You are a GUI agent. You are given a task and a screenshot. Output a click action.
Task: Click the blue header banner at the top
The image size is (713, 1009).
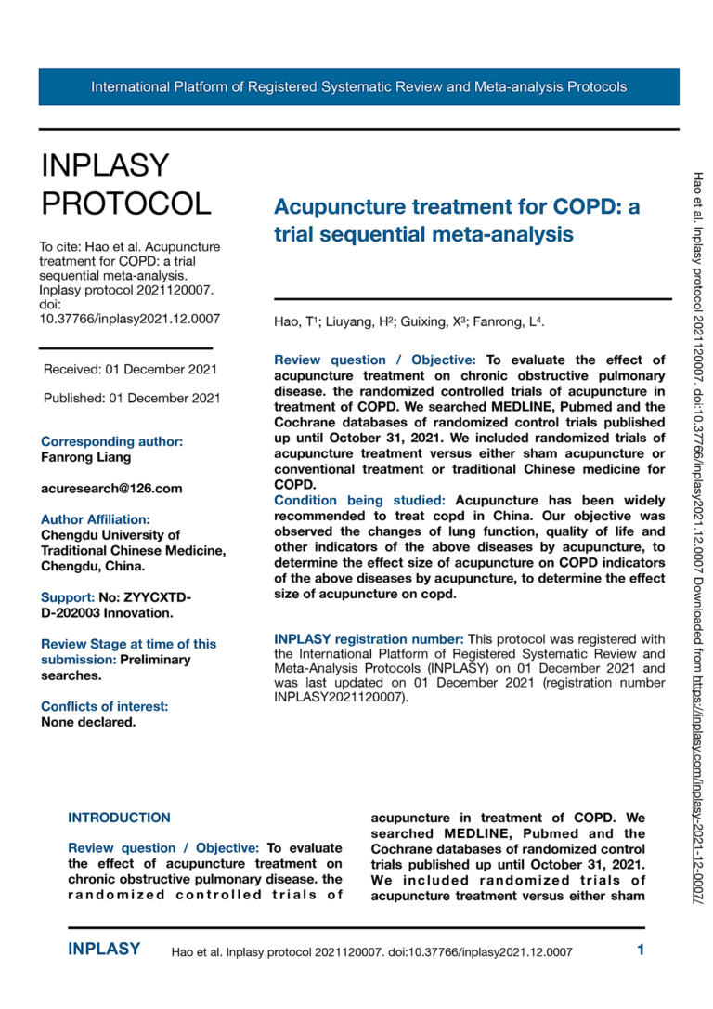358,87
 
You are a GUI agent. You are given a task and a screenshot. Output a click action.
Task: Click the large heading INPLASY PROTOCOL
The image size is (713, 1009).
126,183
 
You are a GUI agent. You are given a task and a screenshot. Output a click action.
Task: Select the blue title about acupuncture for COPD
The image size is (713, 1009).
457,220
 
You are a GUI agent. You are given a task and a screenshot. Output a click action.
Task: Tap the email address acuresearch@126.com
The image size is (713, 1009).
111,488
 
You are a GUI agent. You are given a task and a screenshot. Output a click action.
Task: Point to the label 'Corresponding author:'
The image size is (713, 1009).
111,441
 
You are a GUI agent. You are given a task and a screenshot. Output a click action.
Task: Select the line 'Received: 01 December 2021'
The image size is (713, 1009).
131,369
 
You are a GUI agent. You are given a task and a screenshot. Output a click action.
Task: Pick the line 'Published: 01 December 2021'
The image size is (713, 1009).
132,399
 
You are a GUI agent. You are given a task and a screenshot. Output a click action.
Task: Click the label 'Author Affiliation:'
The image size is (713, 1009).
95,519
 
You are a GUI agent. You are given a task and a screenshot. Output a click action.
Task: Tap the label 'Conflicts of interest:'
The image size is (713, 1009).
104,706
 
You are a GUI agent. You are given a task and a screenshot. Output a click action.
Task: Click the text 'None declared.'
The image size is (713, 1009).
88,722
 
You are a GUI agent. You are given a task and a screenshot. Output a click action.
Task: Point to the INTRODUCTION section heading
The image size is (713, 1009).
119,818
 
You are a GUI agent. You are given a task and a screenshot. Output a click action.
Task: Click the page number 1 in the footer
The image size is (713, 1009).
641,950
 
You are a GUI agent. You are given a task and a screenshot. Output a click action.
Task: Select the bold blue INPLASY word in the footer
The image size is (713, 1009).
104,950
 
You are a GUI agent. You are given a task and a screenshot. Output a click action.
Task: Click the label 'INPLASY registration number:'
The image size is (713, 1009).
369,638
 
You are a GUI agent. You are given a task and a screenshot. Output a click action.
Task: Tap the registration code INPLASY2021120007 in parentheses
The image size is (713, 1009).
339,697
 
